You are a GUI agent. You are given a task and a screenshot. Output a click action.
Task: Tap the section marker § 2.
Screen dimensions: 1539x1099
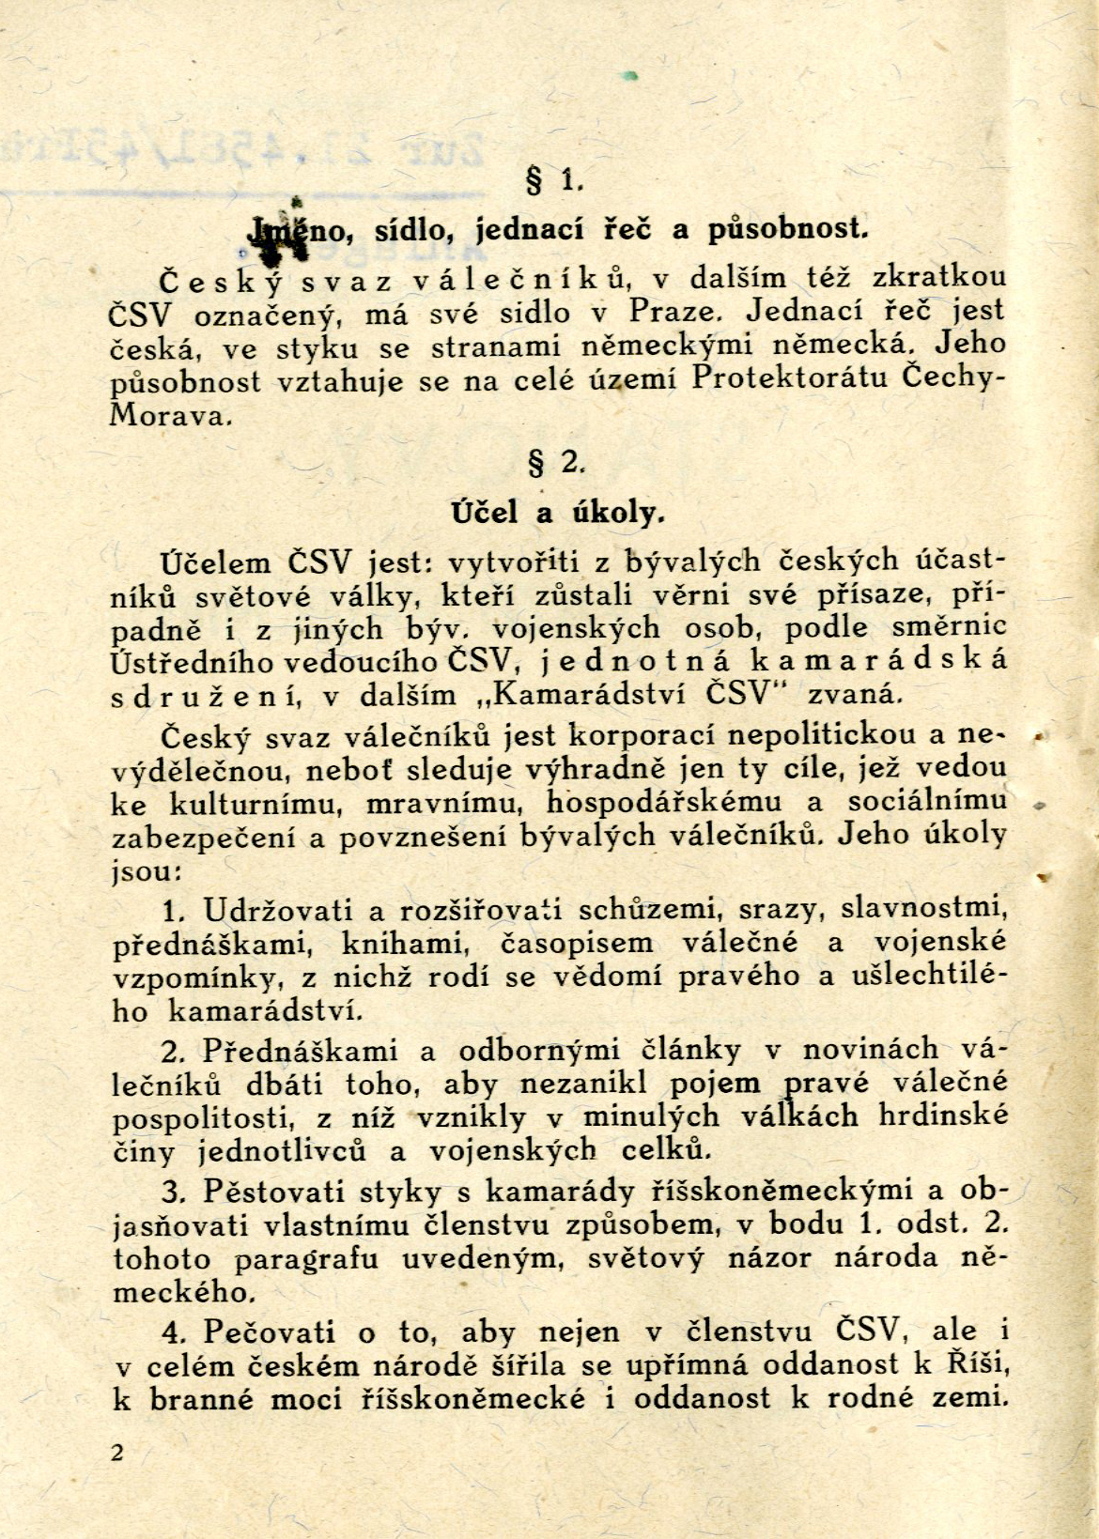pos(557,463)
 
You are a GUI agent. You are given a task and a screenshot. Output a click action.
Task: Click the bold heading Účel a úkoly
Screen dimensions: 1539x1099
pos(559,512)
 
